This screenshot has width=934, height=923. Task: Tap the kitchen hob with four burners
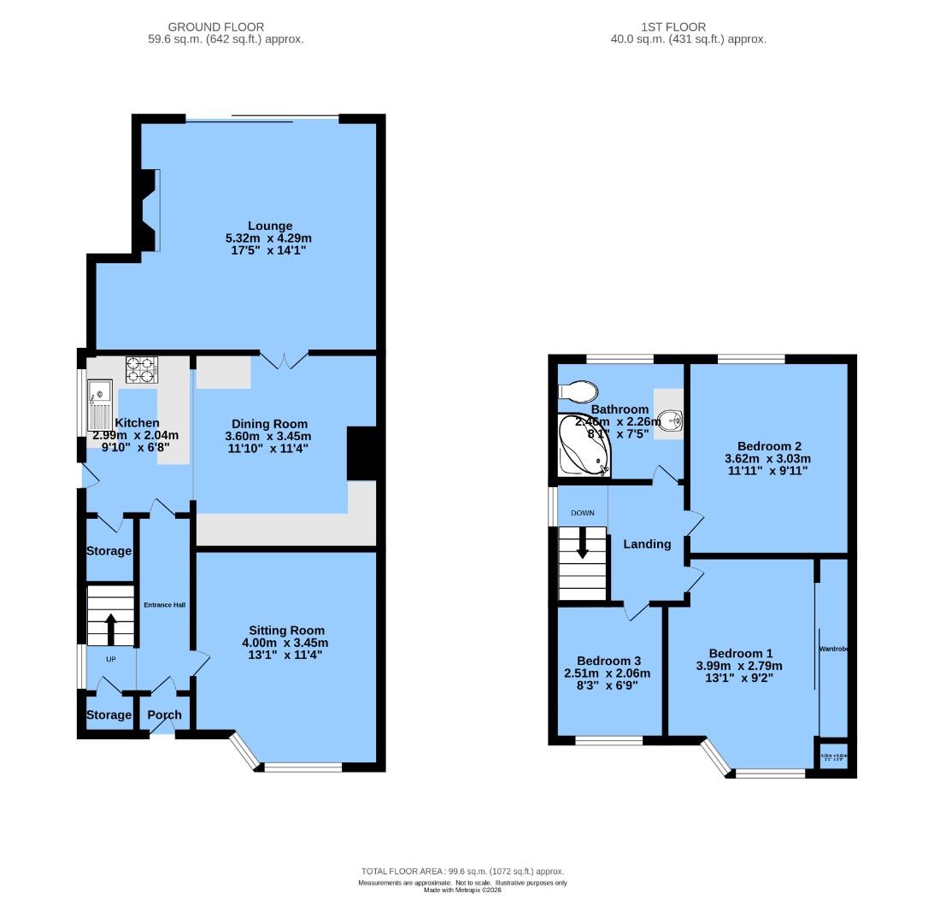click(x=142, y=369)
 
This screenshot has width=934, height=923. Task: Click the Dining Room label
click(x=270, y=424)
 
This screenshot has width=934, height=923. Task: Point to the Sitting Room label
click(x=285, y=631)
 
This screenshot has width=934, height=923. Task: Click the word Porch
click(x=164, y=715)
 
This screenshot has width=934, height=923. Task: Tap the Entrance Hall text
click(x=165, y=605)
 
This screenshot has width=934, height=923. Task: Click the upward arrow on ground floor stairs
click(x=110, y=628)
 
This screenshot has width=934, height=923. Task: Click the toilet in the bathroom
click(x=578, y=391)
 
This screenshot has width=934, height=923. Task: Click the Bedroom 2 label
click(x=769, y=446)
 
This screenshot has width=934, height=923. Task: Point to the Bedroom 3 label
click(x=608, y=661)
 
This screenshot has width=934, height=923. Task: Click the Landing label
click(x=647, y=544)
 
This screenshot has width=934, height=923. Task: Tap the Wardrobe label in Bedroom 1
click(x=832, y=650)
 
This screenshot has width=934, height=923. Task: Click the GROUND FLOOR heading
click(x=215, y=27)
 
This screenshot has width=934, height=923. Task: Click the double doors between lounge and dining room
click(x=284, y=359)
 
